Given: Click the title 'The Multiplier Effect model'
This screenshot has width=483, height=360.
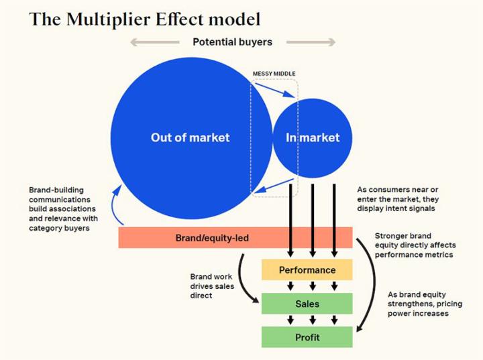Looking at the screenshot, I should point(145,18).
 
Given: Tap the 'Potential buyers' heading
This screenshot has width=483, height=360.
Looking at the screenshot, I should point(232,42).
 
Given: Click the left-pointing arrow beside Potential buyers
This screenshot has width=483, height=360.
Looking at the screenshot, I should point(154,42).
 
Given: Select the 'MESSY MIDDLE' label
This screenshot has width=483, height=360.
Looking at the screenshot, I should point(274,73).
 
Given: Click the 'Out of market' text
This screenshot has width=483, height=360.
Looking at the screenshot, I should point(190,137).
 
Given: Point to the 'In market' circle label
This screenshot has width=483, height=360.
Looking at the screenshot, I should point(313,137).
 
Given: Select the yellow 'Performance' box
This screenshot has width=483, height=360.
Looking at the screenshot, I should point(307,270).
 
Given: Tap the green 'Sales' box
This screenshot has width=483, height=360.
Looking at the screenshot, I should point(307,304).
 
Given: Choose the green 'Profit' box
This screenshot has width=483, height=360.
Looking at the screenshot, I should point(307,337).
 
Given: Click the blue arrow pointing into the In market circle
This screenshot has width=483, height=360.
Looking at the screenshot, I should point(275,91).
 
